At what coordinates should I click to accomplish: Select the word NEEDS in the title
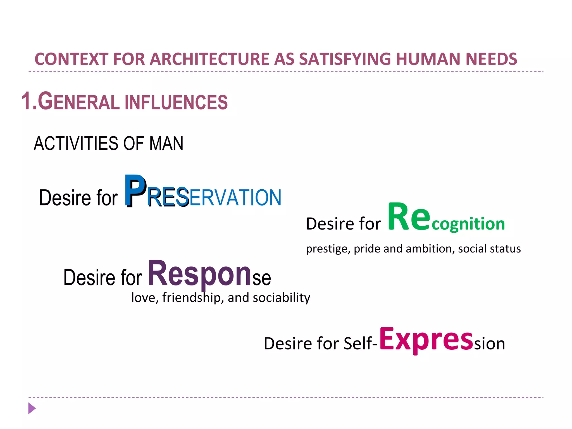(x=491, y=59)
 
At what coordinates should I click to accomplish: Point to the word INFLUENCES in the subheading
(x=176, y=102)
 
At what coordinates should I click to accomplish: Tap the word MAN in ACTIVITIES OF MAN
(x=166, y=144)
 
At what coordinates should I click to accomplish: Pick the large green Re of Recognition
(x=409, y=217)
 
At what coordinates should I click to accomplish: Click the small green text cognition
(x=468, y=224)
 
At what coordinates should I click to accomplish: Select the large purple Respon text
(x=199, y=274)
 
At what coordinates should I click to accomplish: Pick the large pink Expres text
(x=426, y=339)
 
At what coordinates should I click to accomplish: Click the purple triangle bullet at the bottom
(x=32, y=408)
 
